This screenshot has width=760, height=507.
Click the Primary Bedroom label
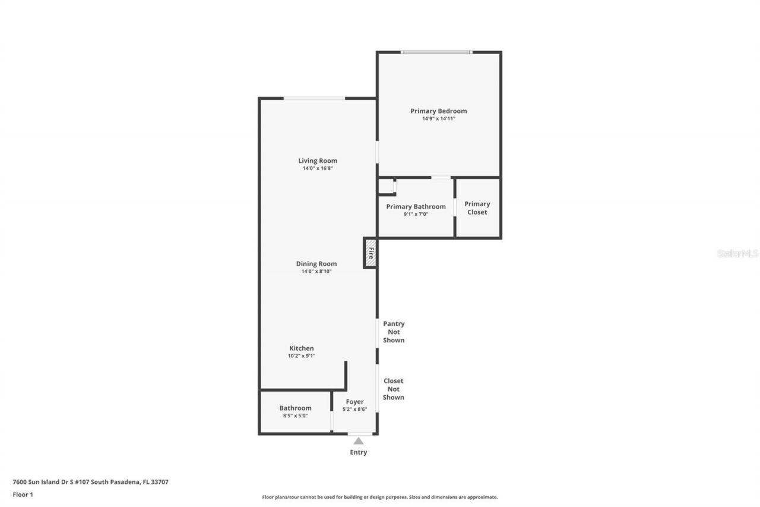click(x=438, y=111)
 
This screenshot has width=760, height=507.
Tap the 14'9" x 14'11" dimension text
click(x=438, y=119)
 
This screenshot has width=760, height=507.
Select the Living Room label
click(x=317, y=160)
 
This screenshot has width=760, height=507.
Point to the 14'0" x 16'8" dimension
click(x=317, y=169)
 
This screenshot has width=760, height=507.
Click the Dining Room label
click(x=316, y=264)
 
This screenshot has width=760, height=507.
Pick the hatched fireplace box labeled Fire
click(x=370, y=253)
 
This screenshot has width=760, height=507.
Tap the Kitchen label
click(x=301, y=348)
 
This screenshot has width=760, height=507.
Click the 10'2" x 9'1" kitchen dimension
click(x=301, y=356)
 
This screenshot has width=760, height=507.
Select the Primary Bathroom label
click(x=416, y=207)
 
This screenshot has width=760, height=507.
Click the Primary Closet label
click(x=477, y=208)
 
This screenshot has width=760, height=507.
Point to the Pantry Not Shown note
click(x=394, y=332)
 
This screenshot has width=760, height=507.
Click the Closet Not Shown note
click(x=393, y=389)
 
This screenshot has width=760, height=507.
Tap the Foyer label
click(x=354, y=402)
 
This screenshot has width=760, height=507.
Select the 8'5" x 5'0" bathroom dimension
click(x=295, y=416)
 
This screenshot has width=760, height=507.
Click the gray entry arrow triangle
click(x=358, y=441)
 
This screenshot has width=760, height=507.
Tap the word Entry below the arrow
click(x=358, y=452)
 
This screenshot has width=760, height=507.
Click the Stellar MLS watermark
click(x=737, y=253)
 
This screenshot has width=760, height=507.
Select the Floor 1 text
click(x=23, y=495)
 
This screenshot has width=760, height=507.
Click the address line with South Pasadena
click(x=90, y=482)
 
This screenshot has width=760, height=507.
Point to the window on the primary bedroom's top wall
click(x=436, y=52)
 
